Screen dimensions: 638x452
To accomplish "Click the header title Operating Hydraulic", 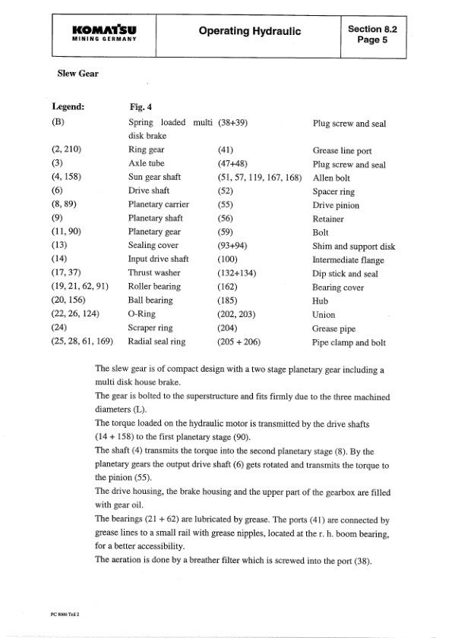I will tap(251, 31).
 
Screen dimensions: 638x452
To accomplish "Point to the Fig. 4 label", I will tap(142, 108).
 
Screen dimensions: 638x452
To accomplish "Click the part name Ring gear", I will tap(147, 150).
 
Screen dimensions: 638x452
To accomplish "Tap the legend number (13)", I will tap(61, 246).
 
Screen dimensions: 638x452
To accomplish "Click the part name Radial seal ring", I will tap(157, 341).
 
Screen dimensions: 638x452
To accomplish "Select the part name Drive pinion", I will tap(336, 205).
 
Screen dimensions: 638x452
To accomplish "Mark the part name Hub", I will tap(321, 300).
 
